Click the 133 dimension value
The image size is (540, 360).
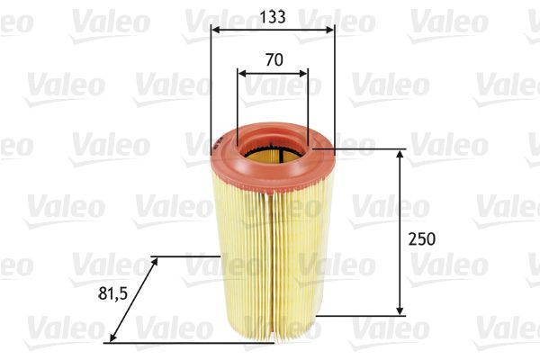pos(271,15)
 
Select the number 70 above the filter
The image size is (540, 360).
pos(274,60)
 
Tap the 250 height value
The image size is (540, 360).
pos(421,239)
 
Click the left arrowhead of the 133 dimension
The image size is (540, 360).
pos(214,29)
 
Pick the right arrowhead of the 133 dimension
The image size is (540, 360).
pos(330,29)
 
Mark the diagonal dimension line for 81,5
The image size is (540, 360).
pos(133,300)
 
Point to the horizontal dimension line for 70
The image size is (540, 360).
pos(273,72)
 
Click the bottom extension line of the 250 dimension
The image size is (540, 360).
pos(360,315)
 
